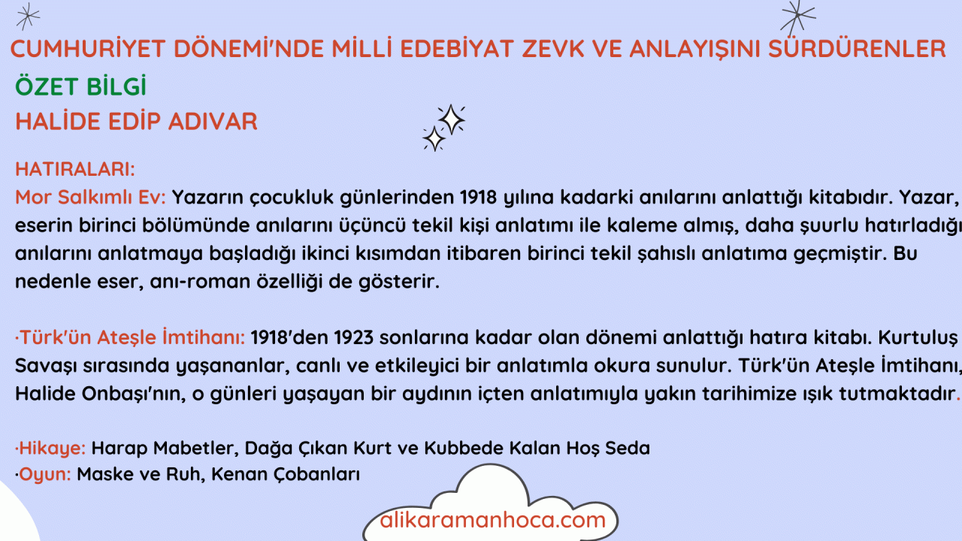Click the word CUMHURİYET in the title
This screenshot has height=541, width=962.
[88, 48]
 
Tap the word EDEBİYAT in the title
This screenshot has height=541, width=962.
[456, 48]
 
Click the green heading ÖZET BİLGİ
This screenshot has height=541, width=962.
[80, 86]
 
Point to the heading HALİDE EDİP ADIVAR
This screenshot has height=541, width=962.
[136, 121]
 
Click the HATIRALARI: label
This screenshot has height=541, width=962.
[75, 169]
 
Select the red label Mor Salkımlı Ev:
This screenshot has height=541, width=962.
[91, 197]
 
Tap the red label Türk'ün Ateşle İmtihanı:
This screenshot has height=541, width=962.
[130, 337]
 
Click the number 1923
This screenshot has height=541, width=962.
[354, 337]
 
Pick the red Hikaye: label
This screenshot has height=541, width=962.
[50, 449]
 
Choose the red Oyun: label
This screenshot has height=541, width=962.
[43, 474]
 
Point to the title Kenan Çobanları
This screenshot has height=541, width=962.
[286, 474]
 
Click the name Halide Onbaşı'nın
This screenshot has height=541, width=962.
[101, 394]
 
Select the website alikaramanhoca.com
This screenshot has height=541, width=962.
[492, 520]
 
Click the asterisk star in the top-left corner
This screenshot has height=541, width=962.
[28, 17]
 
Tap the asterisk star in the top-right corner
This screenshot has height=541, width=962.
[797, 17]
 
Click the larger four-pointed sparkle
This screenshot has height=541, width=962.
[451, 119]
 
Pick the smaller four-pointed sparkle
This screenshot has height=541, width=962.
[434, 138]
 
